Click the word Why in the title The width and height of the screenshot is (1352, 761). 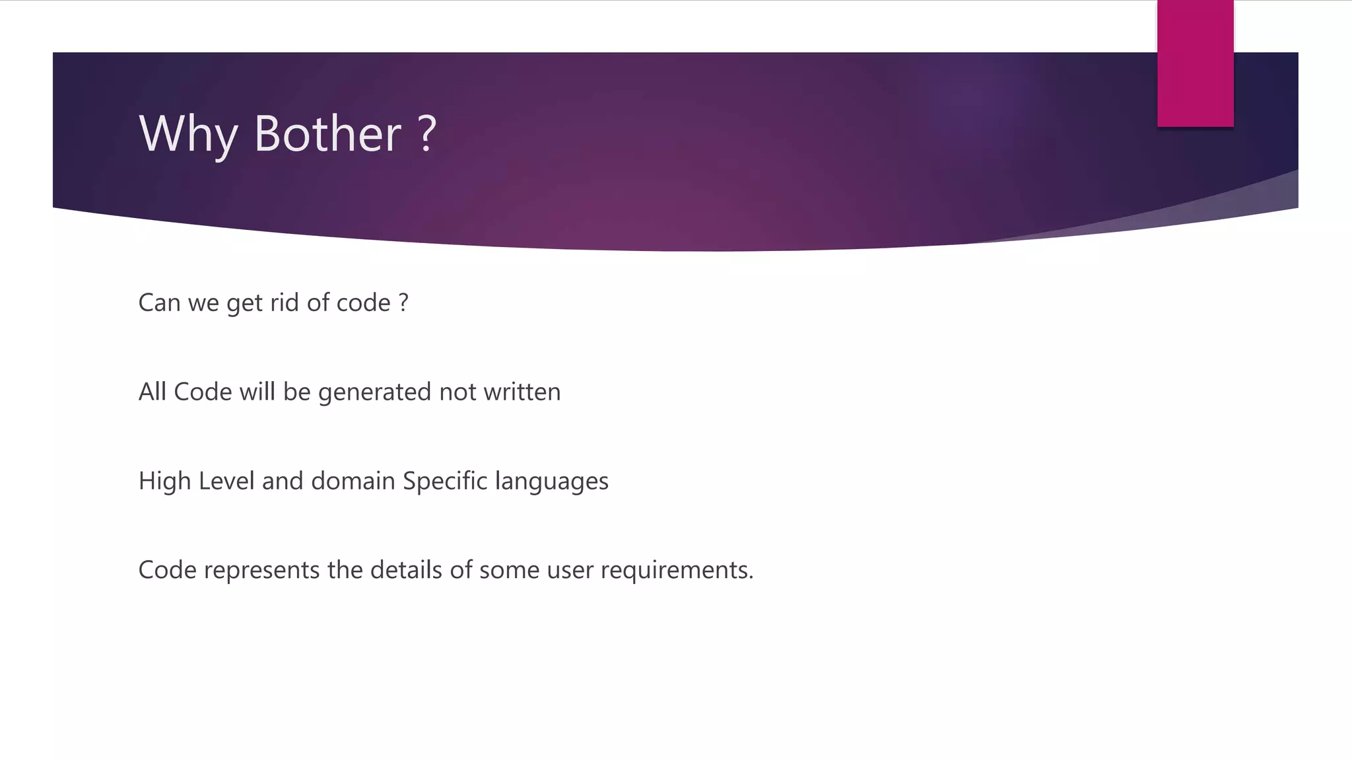[x=188, y=134]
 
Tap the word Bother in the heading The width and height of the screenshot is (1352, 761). [x=327, y=134]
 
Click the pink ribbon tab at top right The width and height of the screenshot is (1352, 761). [x=1195, y=63]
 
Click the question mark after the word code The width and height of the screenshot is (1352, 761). [x=403, y=303]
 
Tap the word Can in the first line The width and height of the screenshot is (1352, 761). [x=159, y=303]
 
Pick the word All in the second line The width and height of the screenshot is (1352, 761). [x=152, y=392]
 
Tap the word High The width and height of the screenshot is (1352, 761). [x=164, y=481]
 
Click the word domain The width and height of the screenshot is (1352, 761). [x=353, y=481]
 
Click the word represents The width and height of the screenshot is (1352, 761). [x=261, y=570]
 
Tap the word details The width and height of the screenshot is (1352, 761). [x=406, y=569]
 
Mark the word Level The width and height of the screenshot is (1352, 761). [x=226, y=481]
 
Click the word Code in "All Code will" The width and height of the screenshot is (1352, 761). [x=203, y=392]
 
